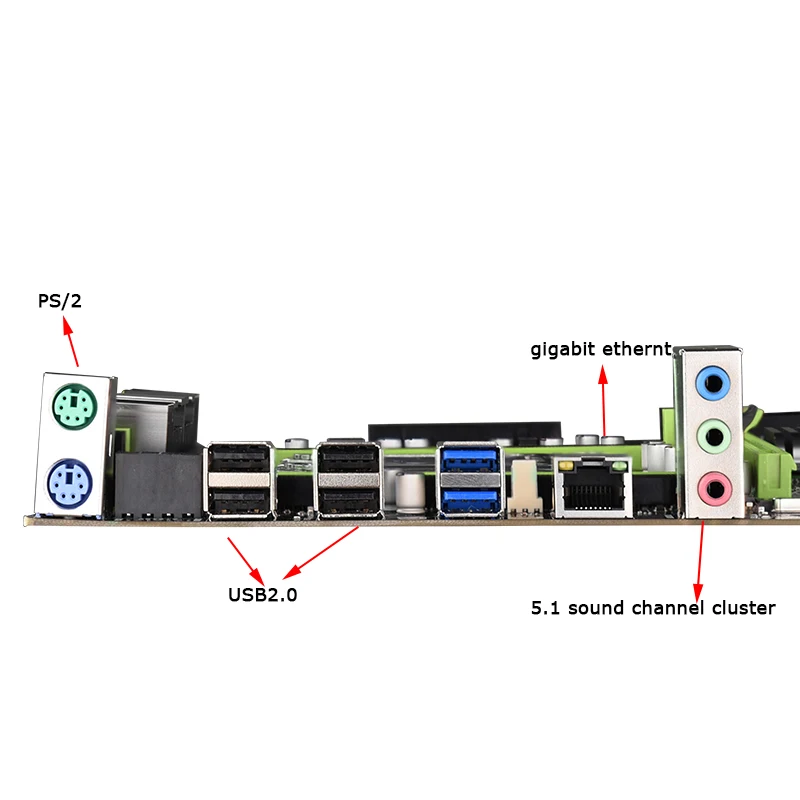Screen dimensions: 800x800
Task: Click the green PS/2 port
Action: (74, 406)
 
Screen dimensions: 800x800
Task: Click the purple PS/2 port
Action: (70, 484)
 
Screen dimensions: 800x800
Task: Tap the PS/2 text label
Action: (60, 301)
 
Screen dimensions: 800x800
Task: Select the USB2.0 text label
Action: (262, 594)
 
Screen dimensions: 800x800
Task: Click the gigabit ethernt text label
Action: (601, 349)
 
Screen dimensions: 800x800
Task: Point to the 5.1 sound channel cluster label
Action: (653, 608)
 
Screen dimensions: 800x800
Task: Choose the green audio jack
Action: (714, 436)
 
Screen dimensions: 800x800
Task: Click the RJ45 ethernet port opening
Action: (594, 492)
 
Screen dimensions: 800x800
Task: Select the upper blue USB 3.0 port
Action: (470, 458)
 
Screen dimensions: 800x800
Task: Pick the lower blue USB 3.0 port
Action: (470, 501)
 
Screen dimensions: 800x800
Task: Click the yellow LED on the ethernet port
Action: (565, 466)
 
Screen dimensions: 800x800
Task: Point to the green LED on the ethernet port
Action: (619, 466)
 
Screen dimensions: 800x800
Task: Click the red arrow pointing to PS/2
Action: (70, 341)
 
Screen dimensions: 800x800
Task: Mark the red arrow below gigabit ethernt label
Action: (604, 401)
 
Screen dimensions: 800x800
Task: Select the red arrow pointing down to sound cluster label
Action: (700, 560)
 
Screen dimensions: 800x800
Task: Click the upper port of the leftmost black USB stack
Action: (239, 458)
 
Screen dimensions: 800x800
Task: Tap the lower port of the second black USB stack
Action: (349, 502)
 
